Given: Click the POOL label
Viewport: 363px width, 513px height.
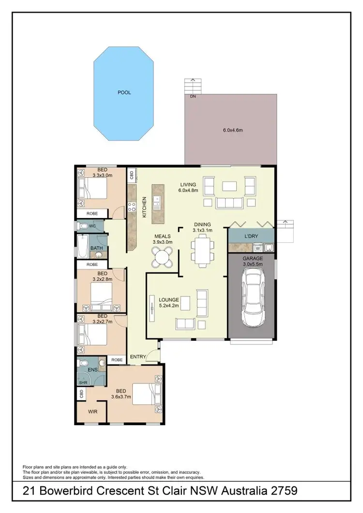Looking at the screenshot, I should [x=124, y=92].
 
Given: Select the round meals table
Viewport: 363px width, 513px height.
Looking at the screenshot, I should [x=162, y=257].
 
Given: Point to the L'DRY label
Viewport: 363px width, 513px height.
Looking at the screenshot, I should [x=252, y=235].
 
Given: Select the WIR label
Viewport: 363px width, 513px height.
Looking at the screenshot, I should [x=92, y=412].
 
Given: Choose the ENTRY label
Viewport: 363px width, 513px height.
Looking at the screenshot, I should [x=138, y=357].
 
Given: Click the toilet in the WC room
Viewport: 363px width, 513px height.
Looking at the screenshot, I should [x=84, y=226].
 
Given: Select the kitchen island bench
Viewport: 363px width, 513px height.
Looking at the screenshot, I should [x=157, y=204].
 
